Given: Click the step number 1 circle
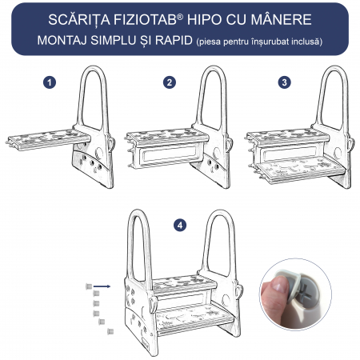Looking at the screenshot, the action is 50,82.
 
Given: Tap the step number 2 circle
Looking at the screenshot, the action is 170,82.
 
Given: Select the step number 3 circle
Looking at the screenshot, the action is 284,82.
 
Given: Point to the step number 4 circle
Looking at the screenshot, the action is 180,226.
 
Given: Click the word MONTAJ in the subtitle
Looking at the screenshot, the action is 62,41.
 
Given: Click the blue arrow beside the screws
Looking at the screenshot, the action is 102,286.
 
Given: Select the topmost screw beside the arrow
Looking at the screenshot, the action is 89,286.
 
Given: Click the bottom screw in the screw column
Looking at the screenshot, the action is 110,331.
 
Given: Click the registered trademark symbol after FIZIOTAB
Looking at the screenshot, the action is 180,17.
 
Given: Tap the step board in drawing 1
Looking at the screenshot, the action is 48,139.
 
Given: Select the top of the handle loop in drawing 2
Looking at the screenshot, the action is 214,69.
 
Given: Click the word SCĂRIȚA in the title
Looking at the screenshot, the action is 79,20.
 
